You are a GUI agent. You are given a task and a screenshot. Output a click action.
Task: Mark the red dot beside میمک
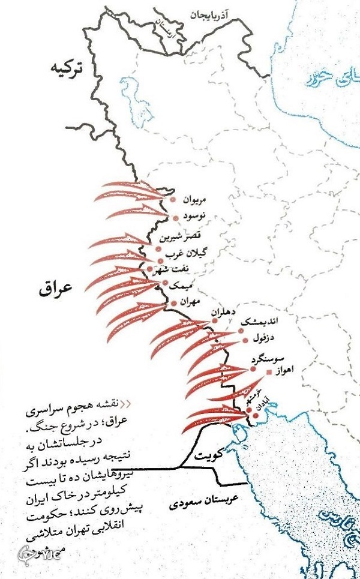[165, 282]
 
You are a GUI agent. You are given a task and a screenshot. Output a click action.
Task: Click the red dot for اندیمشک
[241, 331]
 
